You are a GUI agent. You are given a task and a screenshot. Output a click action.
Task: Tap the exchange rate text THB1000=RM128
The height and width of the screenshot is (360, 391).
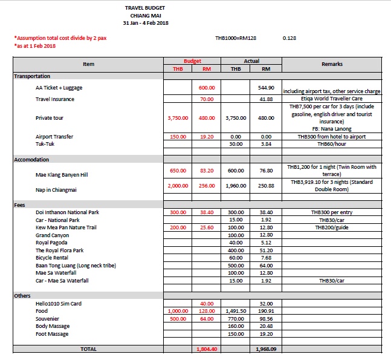[236, 38]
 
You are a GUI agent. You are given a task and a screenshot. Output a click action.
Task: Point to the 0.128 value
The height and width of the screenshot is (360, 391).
[289, 38]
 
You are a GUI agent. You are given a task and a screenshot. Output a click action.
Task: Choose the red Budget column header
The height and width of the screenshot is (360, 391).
[192, 61]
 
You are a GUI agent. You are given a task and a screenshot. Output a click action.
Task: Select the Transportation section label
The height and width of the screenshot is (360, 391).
[32, 77]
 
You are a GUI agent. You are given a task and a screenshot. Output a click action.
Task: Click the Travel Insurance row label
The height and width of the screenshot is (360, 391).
[54, 99]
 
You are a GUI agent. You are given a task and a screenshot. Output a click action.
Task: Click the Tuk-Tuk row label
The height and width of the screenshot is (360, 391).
[45, 144]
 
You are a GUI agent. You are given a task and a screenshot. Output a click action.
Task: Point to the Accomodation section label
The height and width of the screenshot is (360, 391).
[31, 160]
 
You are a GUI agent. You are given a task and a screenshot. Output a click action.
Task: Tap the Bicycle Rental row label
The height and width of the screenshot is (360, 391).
[54, 257]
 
